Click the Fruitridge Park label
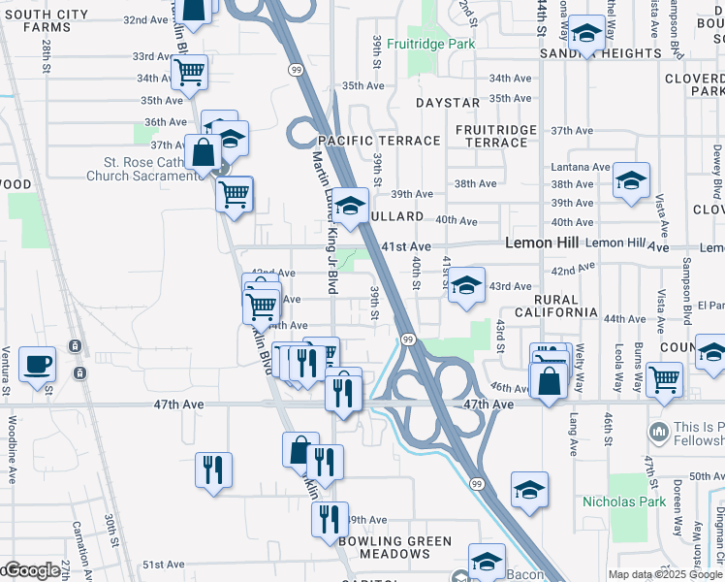click(x=430, y=45)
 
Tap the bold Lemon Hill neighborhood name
click(x=541, y=243)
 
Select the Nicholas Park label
click(x=624, y=501)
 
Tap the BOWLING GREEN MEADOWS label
click(x=394, y=547)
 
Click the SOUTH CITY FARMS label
click(x=42, y=26)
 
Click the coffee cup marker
click(x=38, y=365)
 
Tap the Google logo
click(x=31, y=570)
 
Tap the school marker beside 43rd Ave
click(x=466, y=286)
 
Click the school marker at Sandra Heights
click(x=586, y=36)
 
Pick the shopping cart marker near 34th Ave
click(x=189, y=71)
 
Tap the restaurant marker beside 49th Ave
click(x=331, y=519)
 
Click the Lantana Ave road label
click(x=572, y=167)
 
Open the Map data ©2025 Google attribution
click(x=665, y=574)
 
